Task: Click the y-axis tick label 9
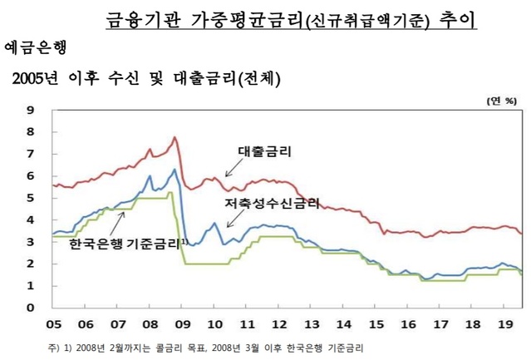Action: (x=30, y=110)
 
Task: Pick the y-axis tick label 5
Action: (x=30, y=198)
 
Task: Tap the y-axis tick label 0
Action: (x=30, y=308)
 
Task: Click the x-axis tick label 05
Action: (x=54, y=323)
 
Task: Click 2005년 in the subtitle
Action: (x=39, y=81)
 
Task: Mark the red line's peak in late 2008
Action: (x=175, y=137)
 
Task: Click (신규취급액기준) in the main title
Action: (x=367, y=19)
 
